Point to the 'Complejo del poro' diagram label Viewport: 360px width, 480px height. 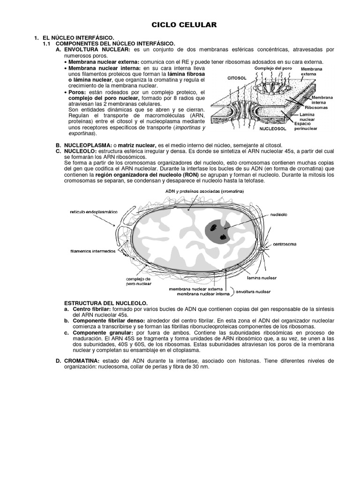[273, 68]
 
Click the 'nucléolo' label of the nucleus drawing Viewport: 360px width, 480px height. [279, 214]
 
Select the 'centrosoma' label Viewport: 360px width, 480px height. [285, 244]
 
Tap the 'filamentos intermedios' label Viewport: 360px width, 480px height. [93, 251]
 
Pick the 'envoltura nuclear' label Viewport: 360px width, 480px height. [253, 292]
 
